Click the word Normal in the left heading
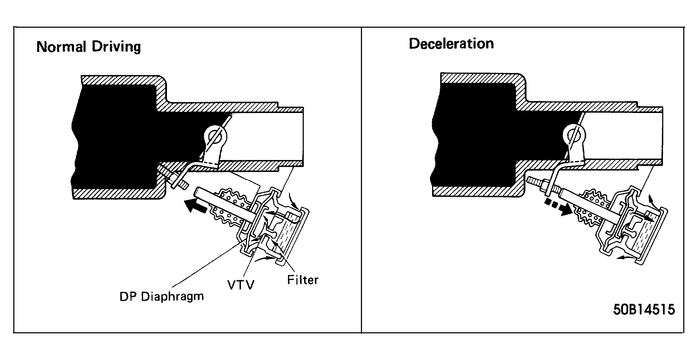point(61,47)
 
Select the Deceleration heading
point(451,44)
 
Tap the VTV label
point(241,285)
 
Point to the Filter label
point(303,280)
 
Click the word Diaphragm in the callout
point(173,297)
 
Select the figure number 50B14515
point(644,309)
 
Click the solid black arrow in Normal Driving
point(197,205)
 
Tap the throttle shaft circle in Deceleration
point(574,134)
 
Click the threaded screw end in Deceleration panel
point(534,183)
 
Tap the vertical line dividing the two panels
point(361,180)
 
